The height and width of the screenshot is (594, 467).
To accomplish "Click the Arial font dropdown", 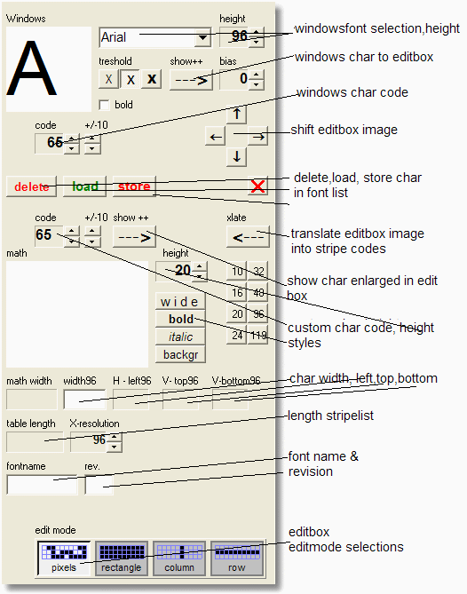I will (154, 37).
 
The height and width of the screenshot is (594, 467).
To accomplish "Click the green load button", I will (85, 186).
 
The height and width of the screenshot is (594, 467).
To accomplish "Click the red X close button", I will (258, 186).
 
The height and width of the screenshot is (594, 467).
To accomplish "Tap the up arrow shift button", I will (237, 115).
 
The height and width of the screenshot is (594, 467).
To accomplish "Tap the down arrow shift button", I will (237, 157).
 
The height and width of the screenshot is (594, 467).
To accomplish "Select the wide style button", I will (180, 302).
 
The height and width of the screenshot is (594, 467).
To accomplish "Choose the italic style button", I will (180, 337).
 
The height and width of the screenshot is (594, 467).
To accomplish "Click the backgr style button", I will (180, 354).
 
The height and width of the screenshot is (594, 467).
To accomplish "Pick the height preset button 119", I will (258, 336).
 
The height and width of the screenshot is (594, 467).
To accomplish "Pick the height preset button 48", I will (258, 293).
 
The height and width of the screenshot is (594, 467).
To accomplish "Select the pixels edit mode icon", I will (63, 558).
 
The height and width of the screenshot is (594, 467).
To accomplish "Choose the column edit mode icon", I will (178, 558).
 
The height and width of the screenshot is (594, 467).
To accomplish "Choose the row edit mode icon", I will (236, 558).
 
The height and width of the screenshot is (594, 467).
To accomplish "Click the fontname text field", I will (43, 485).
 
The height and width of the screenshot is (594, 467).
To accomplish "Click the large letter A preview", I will (49, 69).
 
